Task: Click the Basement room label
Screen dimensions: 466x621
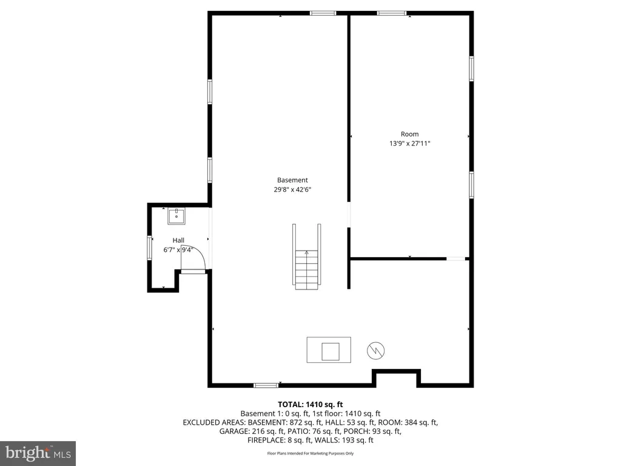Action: point(292,180)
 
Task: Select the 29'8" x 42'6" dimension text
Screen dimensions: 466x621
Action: point(292,189)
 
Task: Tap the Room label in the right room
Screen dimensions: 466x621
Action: point(409,134)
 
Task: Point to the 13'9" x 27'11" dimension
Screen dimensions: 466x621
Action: point(409,144)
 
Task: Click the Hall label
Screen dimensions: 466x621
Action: point(178,240)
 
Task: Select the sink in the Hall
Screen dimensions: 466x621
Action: point(176,215)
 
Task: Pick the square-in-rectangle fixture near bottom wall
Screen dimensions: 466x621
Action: point(329,350)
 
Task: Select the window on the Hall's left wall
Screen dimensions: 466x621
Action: point(149,248)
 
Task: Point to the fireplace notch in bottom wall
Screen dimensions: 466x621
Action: point(395,377)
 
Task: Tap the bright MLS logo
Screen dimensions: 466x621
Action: point(38,453)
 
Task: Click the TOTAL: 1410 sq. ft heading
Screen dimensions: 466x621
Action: point(310,404)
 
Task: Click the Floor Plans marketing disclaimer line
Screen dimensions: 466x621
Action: point(310,453)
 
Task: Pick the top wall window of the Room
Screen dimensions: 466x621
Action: point(392,13)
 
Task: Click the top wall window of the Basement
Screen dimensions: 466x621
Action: point(323,13)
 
